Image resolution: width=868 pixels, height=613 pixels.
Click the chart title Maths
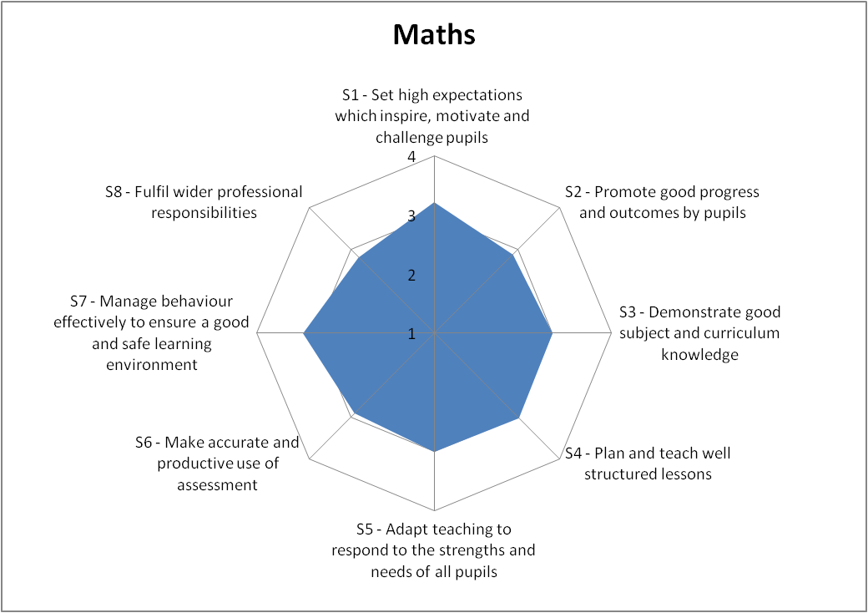433,35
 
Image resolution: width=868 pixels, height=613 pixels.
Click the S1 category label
432,115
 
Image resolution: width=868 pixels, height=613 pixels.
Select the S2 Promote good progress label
662,202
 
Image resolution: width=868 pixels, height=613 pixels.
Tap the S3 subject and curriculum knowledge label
699,333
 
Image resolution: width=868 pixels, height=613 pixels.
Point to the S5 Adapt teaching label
433,550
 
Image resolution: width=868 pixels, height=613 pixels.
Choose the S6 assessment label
217,464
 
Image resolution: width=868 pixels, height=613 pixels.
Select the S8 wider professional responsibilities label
204,202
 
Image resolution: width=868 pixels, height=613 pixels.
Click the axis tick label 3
411,216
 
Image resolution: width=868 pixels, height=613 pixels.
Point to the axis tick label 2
411,276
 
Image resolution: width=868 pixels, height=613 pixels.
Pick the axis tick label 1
411,334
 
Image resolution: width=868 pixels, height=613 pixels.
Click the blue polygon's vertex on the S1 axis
434,203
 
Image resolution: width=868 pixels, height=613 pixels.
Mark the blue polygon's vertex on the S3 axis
553,333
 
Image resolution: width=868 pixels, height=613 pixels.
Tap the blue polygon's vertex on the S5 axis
434,451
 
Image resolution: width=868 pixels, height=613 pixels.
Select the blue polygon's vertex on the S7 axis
304,333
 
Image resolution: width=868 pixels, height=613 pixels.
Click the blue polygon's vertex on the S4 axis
520,418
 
